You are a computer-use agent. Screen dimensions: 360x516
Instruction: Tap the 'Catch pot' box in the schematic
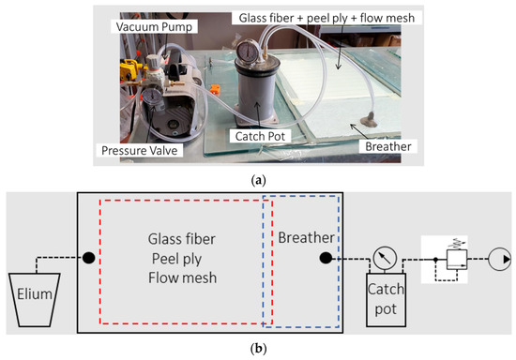click(x=386, y=298)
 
